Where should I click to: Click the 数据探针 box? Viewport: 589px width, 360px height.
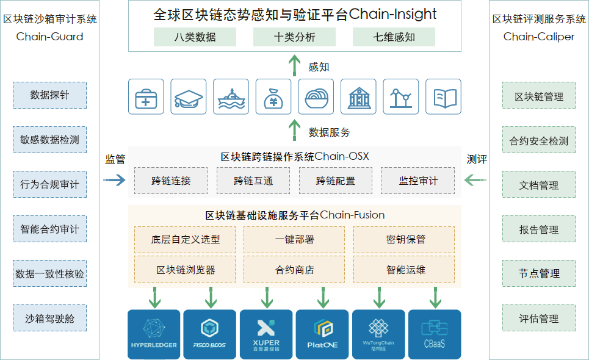coord(49,95)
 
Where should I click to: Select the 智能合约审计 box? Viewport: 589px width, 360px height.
coord(49,229)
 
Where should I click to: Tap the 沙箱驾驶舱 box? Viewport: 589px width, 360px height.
coord(49,318)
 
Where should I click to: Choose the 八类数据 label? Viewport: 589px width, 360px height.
coord(195,37)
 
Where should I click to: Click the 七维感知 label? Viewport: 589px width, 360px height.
coord(394,37)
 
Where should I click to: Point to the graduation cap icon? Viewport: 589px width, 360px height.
coord(188,97)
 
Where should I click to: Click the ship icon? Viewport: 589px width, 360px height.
coord(231,97)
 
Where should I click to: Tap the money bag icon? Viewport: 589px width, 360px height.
coord(273,97)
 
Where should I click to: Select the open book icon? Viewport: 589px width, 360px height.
coord(443,97)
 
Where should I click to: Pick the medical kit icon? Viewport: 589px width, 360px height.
coord(146,97)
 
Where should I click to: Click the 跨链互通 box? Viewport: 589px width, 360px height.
coord(253,181)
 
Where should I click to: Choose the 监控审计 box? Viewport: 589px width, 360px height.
coord(417,181)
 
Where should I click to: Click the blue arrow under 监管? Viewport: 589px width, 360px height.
coord(114,180)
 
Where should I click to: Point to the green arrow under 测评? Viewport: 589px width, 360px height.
coord(475,180)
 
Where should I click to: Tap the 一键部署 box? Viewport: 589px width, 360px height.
coord(294,239)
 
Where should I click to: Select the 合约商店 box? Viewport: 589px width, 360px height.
coord(294,270)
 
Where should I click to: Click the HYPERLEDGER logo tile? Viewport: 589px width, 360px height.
coord(154,334)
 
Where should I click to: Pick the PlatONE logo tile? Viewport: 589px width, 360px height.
coord(322,334)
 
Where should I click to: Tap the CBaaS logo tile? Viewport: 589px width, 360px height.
coord(435,334)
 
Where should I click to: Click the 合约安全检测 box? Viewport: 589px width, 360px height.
coord(539,141)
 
